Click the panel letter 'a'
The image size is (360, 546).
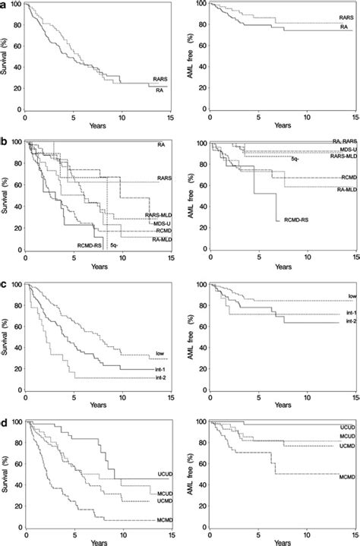pos(5,5)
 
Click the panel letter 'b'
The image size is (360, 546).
pos(5,142)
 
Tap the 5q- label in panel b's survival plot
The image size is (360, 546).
pos(113,245)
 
